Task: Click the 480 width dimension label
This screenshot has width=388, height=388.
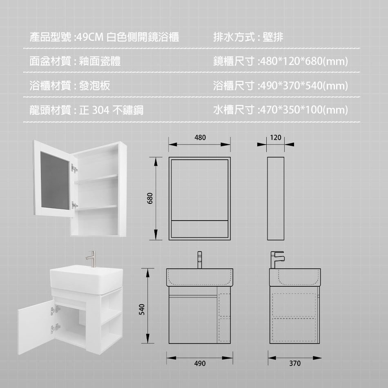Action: click(200, 138)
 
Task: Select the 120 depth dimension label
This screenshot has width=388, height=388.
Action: click(276, 138)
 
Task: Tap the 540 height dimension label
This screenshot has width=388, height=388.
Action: click(141, 309)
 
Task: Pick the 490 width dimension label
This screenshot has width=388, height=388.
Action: click(200, 363)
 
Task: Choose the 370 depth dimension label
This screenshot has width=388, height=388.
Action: click(294, 363)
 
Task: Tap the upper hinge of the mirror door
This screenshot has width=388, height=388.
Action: click(74, 167)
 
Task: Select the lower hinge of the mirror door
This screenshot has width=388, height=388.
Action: click(74, 205)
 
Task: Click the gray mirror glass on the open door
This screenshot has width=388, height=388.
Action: click(54, 180)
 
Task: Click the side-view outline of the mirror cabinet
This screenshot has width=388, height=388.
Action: click(276, 198)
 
